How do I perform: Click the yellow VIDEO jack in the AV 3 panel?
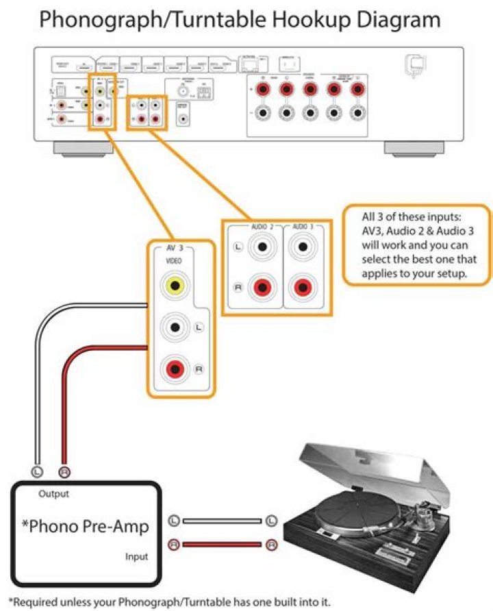pos(175,285)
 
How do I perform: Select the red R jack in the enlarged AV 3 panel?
pos(175,369)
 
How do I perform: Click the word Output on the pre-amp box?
pos(53,493)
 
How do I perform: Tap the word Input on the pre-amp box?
pos(136,557)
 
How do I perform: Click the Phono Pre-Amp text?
pos(84,526)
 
